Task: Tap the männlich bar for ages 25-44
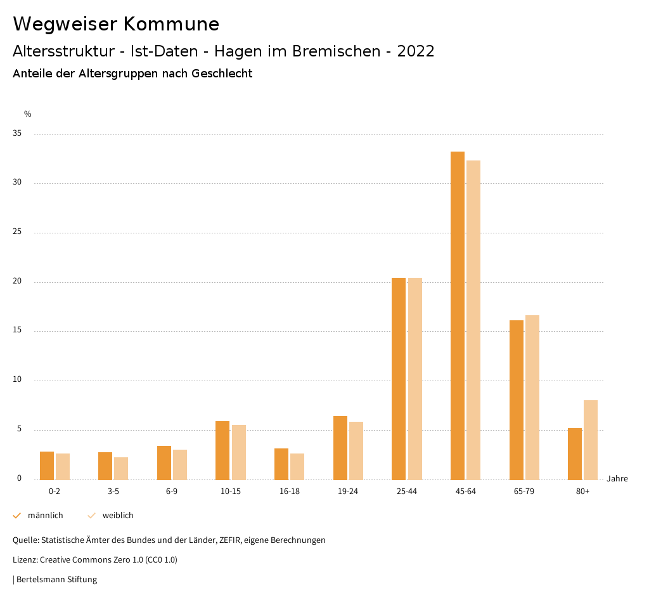pyautogui.click(x=399, y=379)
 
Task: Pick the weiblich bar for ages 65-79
pyautogui.click(x=532, y=397)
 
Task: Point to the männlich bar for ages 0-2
pyautogui.click(x=47, y=466)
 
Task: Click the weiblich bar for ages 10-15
pyautogui.click(x=239, y=452)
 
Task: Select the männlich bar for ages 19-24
pyautogui.click(x=340, y=448)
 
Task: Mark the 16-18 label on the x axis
pyautogui.click(x=289, y=492)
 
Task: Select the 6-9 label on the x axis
pyautogui.click(x=172, y=492)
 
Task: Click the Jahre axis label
pyautogui.click(x=617, y=478)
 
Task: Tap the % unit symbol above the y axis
pyautogui.click(x=28, y=114)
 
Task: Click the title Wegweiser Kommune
pyautogui.click(x=116, y=23)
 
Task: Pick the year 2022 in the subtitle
pyautogui.click(x=416, y=51)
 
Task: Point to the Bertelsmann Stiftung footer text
pyautogui.click(x=56, y=579)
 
